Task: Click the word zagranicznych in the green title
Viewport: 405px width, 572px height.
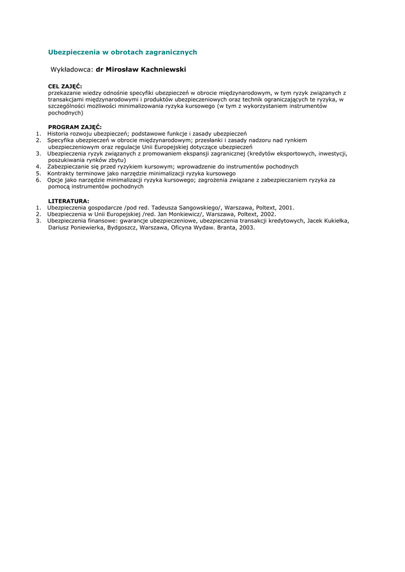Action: [171, 53]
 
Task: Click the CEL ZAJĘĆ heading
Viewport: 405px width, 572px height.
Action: [65, 86]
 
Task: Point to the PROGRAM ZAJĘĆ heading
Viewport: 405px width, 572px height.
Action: [75, 127]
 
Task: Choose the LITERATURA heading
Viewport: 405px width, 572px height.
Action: [68, 201]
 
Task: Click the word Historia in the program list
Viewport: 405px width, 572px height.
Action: [59, 134]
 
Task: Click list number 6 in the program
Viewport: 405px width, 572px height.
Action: [38, 180]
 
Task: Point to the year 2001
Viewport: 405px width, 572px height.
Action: [286, 207]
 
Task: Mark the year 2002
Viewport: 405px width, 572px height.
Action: [267, 214]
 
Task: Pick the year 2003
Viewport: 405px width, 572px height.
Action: [247, 228]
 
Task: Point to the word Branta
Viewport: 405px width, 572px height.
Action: [227, 228]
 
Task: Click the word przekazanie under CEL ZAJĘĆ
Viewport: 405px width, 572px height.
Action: [63, 93]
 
